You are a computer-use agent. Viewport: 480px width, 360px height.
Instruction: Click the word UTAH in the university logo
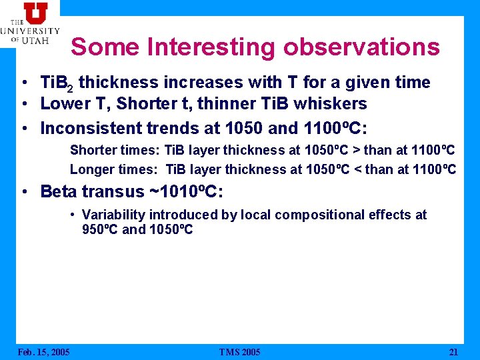[39, 40]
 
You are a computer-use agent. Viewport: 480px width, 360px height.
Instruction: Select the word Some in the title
[105, 47]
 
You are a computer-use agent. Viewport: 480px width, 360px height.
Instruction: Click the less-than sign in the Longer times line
[368, 169]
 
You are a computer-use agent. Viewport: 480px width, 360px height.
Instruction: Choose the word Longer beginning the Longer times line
[90, 169]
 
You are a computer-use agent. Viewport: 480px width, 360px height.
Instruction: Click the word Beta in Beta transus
[59, 192]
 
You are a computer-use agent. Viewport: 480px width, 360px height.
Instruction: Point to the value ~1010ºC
[182, 192]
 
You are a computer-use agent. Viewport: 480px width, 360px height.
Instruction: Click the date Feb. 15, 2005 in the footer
[43, 352]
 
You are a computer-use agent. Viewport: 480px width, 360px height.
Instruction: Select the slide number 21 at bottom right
[454, 352]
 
